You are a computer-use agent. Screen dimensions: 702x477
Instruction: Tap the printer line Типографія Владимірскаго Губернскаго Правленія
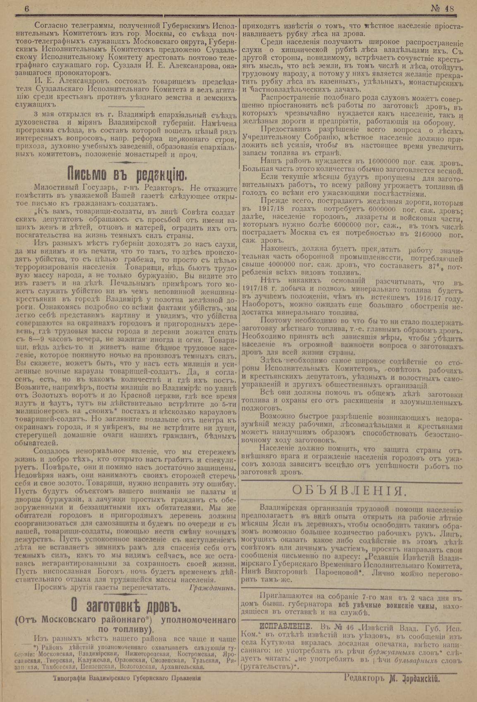(x=127, y=679)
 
